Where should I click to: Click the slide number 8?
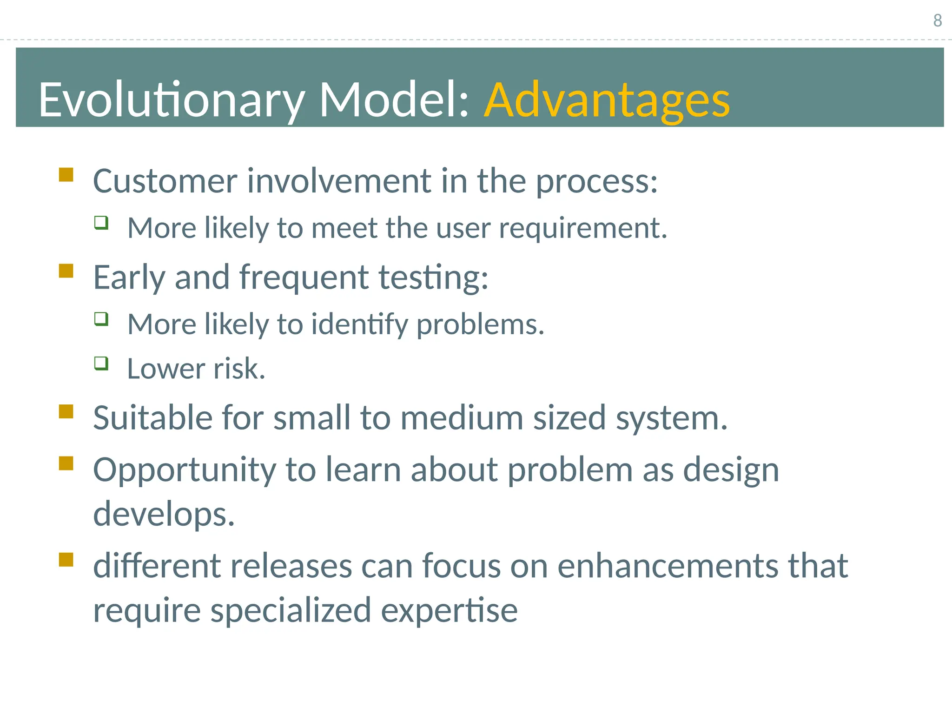[x=937, y=20]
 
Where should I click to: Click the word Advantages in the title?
[x=607, y=100]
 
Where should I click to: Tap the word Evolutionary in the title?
[x=171, y=100]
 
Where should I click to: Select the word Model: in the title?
[x=395, y=99]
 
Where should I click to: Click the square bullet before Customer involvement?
[x=66, y=175]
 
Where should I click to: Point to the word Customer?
[x=165, y=181]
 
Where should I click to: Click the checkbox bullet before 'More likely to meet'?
[x=101, y=223]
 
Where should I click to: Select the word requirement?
[x=583, y=229]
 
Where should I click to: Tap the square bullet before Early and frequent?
[x=66, y=271]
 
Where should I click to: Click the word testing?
[x=433, y=278]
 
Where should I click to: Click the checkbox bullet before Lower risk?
[x=101, y=363]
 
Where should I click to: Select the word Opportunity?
[x=185, y=470]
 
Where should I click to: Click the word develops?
[x=164, y=515]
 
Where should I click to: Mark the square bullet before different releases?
[x=66, y=559]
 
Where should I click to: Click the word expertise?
[x=449, y=611]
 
